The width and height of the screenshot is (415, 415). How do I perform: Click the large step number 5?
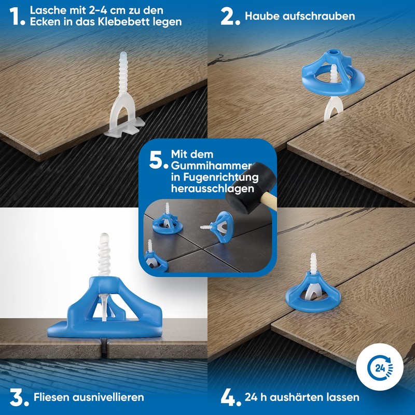[x=157, y=160]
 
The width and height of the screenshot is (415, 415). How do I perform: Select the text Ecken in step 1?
[x=44, y=22]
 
